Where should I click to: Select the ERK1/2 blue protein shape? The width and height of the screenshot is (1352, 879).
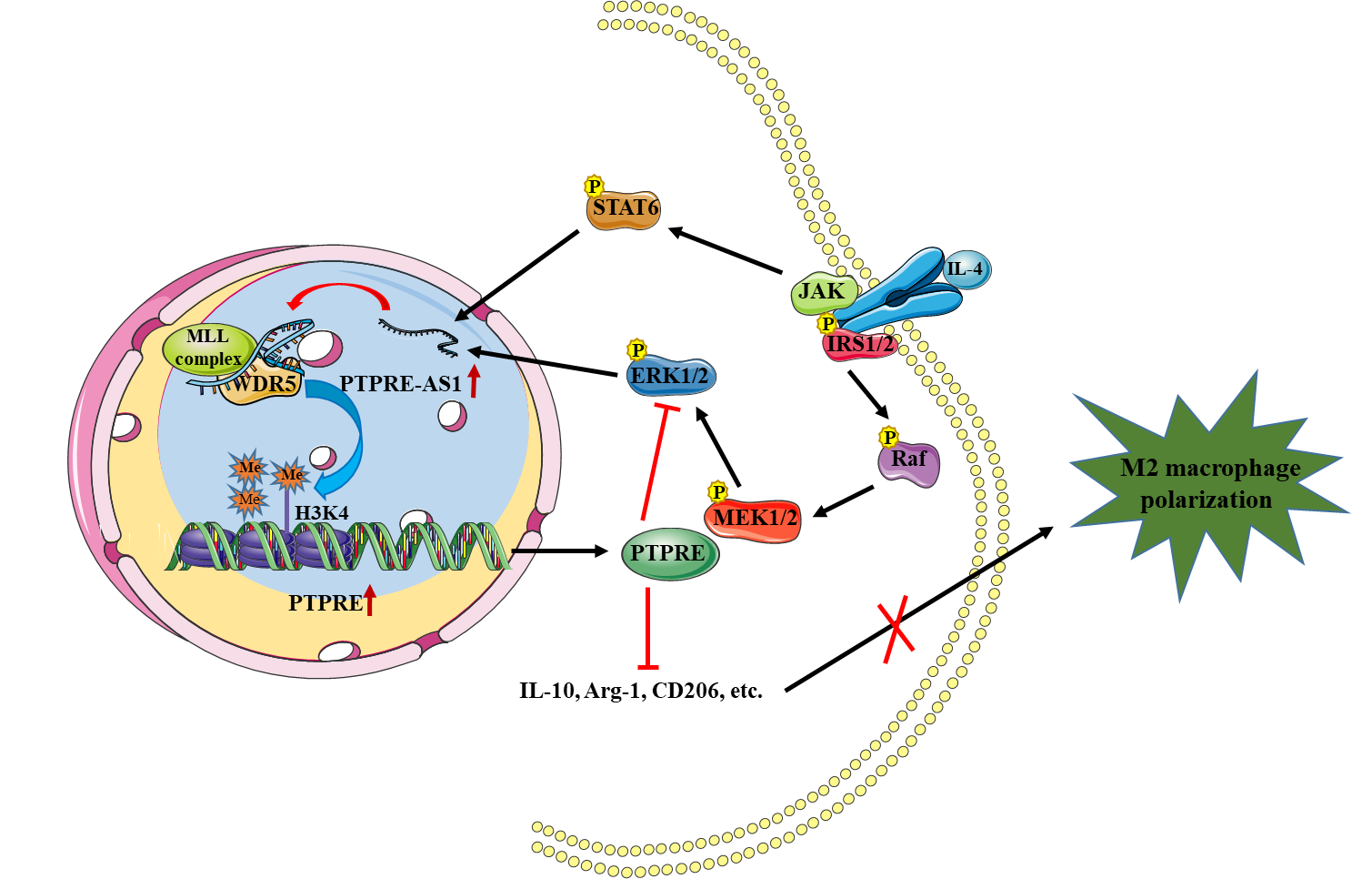[671, 377]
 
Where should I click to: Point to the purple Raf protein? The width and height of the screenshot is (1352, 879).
[908, 460]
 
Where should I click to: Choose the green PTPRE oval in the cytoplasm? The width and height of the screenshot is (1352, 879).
[669, 553]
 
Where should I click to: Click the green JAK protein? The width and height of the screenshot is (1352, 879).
[823, 292]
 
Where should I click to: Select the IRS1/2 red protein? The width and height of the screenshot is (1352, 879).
[858, 345]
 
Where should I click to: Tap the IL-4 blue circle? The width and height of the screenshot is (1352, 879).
[965, 269]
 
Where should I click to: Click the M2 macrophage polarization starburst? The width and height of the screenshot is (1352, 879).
[1209, 484]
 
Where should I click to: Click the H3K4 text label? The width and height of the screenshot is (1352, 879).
[322, 513]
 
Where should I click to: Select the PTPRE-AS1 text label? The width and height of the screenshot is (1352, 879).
[401, 384]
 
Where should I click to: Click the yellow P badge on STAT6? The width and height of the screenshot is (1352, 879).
[594, 187]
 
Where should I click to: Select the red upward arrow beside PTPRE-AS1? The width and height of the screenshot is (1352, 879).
[474, 380]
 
